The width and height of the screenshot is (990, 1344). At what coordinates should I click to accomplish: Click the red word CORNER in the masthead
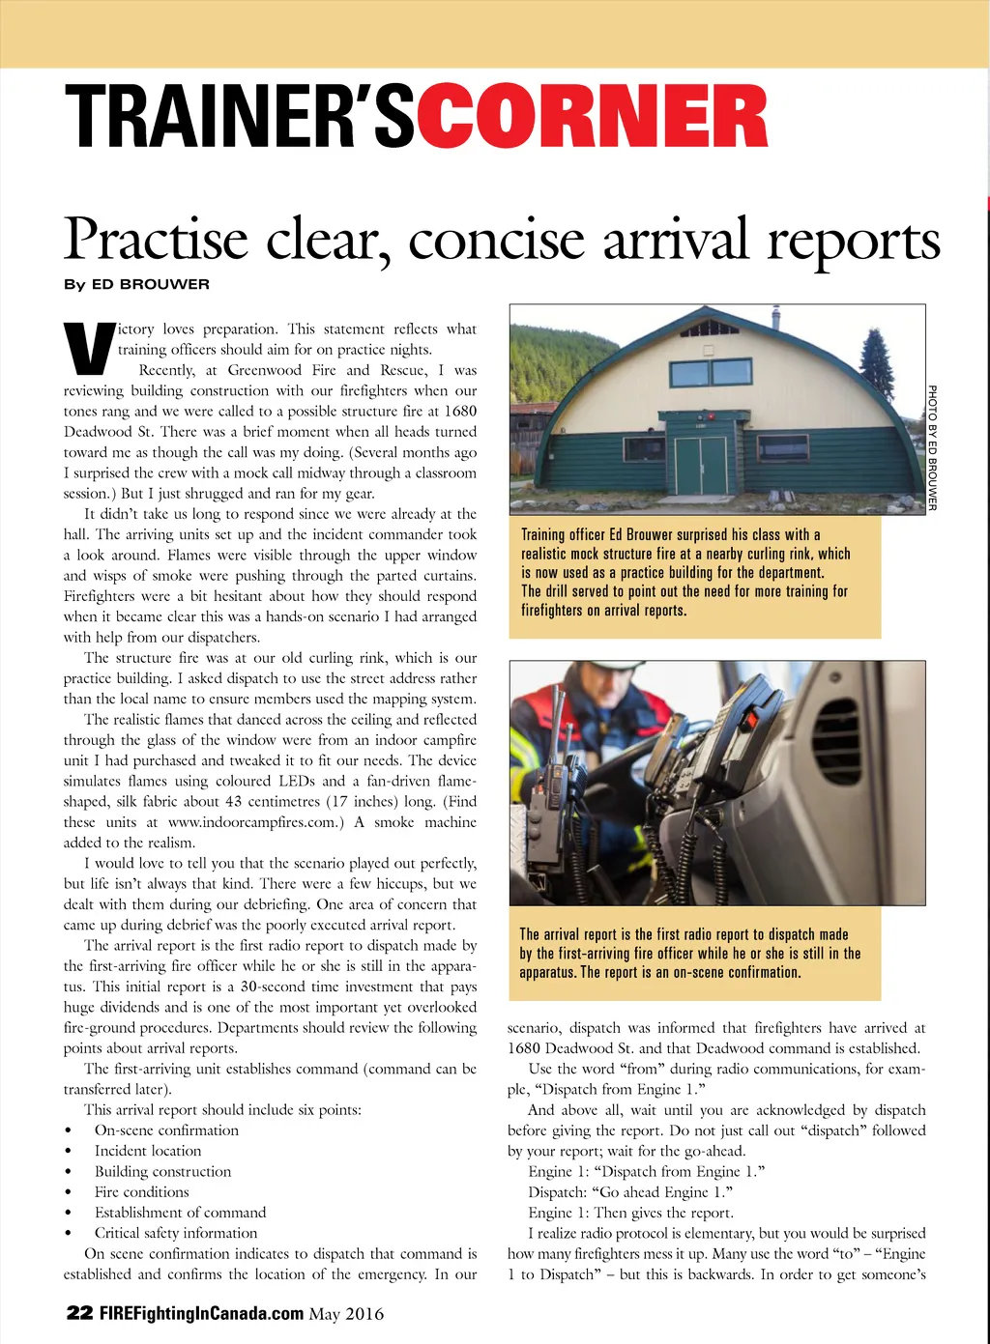pos(592,118)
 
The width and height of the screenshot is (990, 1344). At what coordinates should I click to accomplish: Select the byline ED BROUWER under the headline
pos(150,284)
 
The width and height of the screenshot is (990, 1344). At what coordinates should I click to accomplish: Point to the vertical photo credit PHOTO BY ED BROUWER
pos(932,446)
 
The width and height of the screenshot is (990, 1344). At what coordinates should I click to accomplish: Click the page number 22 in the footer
pos(79,1313)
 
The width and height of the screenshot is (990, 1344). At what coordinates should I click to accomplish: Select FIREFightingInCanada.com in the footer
pos(202,1313)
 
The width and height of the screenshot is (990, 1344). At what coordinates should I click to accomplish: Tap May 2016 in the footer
pos(346,1314)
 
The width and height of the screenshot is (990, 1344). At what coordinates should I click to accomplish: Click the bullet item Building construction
pos(162,1171)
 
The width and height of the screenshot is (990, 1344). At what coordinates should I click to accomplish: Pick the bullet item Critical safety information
pos(176,1233)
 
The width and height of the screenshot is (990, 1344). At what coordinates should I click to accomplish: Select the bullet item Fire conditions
pos(141,1191)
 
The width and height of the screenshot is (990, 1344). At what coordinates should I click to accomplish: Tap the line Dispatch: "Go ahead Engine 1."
pos(630,1191)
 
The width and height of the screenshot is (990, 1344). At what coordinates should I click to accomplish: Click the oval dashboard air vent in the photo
pos(836,739)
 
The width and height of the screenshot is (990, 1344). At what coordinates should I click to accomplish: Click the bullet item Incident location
pos(148,1151)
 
